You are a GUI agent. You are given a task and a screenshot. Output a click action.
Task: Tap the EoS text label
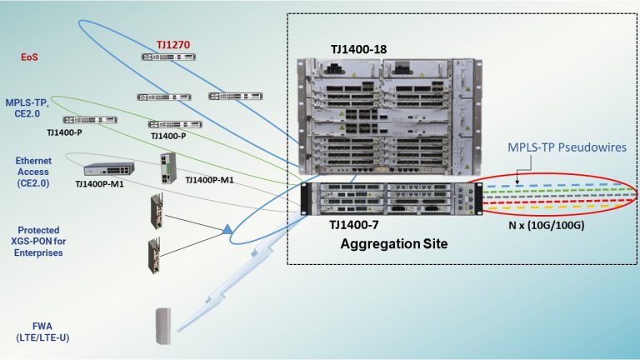30,57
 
